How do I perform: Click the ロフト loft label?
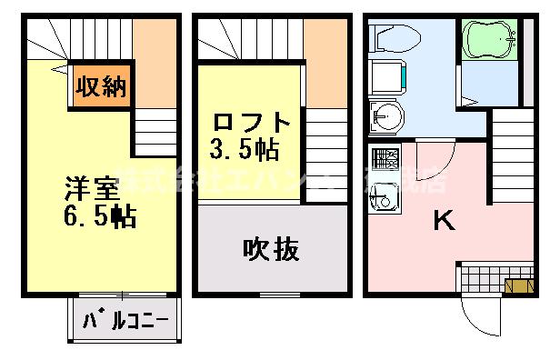(x=253, y=122)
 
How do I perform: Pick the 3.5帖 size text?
(x=246, y=146)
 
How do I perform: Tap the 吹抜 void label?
(x=270, y=248)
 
